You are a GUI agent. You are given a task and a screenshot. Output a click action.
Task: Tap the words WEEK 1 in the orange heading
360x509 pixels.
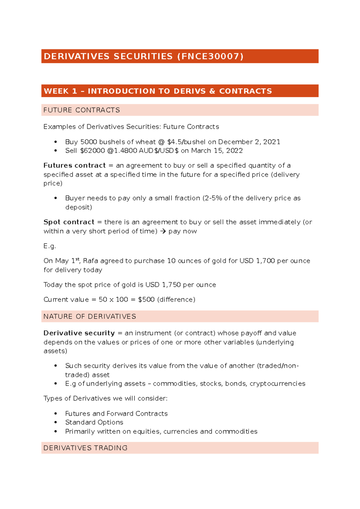[60, 91]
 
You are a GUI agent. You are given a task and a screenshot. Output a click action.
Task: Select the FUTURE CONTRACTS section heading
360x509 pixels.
[82, 110]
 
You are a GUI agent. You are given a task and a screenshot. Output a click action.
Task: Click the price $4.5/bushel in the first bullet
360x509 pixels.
[186, 142]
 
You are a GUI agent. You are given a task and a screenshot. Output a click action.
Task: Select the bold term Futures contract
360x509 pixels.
[74, 165]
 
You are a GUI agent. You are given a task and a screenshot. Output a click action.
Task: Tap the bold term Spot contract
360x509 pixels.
[69, 222]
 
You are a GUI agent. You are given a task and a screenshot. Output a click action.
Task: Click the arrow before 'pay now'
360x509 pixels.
[163, 231]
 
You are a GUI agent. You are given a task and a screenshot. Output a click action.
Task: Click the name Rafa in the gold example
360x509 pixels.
[90, 261]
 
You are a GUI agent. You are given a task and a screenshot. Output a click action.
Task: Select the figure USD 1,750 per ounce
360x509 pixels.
[181, 285]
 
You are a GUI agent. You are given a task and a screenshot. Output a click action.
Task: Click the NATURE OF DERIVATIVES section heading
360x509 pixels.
[90, 317]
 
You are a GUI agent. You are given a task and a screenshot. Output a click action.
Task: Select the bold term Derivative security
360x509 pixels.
[79, 333]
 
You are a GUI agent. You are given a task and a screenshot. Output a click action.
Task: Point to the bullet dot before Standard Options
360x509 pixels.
[55, 422]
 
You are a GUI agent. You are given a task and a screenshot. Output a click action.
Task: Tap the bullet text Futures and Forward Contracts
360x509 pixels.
[116, 414]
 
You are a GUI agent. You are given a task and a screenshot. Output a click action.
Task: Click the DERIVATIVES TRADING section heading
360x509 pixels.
[85, 448]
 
